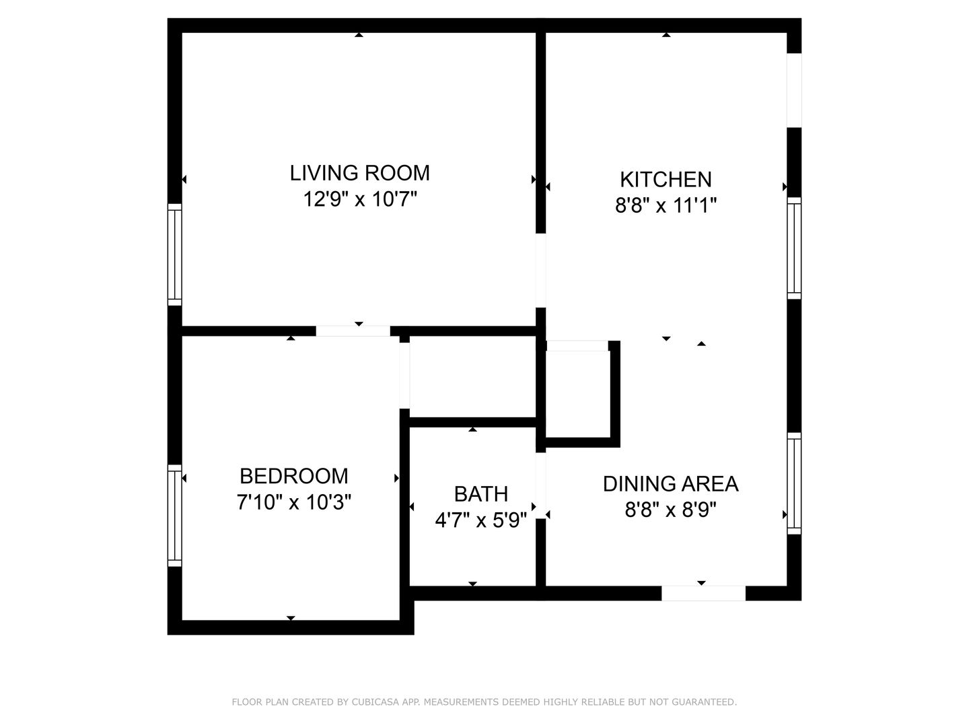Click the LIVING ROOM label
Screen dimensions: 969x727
pos(359,172)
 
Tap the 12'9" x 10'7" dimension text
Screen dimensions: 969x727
pos(360,199)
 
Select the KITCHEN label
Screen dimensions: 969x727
pos(666,180)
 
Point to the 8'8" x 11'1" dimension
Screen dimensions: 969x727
pos(666,205)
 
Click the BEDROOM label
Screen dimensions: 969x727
pos(294,476)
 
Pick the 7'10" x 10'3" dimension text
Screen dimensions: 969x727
pos(294,502)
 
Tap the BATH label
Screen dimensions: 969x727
pos(481,494)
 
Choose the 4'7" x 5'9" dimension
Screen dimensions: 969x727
pos(481,520)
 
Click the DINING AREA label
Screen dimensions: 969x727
pos(671,484)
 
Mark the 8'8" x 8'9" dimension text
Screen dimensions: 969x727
pos(671,510)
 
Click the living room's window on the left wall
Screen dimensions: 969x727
pos(175,254)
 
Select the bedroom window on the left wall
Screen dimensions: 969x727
pos(175,515)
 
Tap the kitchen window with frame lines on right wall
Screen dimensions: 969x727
pos(794,248)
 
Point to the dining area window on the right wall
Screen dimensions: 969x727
pos(794,483)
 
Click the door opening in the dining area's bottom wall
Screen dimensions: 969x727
pos(703,593)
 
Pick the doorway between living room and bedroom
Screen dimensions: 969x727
pos(353,331)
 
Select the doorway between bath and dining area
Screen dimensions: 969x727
pos(541,485)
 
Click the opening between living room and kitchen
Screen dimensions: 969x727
pos(541,270)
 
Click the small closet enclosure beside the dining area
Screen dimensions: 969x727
pos(578,394)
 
